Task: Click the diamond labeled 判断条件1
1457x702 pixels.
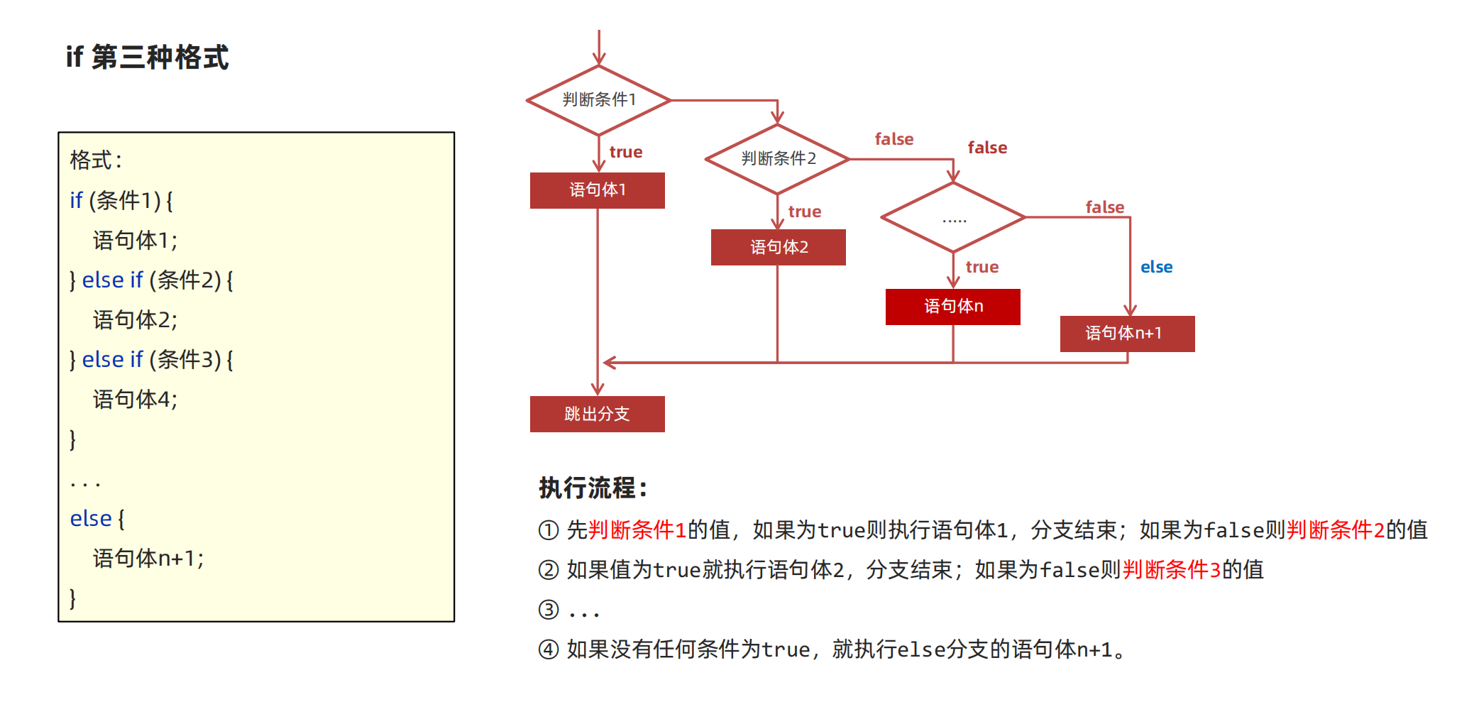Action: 598,100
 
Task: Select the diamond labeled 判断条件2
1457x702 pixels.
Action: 778,159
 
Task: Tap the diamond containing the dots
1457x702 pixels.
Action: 953,217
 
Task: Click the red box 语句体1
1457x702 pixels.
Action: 597,190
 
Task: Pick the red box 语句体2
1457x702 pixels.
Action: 778,247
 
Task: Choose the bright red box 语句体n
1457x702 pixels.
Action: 952,307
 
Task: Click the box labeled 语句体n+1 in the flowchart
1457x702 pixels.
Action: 1127,334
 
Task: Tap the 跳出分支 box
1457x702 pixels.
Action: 597,414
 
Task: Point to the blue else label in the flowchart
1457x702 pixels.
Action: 1156,268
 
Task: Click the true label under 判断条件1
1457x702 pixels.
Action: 625,153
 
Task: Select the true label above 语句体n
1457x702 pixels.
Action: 982,268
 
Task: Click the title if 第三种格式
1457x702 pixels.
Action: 147,57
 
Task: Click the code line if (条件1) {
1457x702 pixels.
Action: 121,201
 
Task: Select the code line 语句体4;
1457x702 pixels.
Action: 135,400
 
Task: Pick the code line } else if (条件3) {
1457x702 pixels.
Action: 151,360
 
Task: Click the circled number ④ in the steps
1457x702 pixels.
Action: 548,649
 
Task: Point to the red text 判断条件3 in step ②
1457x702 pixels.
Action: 1171,570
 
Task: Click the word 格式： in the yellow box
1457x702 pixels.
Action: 96,160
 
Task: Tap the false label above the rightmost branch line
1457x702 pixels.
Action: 1104,207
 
